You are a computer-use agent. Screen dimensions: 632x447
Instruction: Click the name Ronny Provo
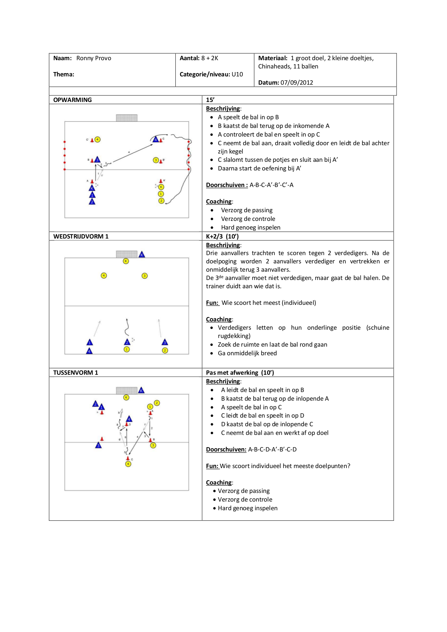tap(94, 58)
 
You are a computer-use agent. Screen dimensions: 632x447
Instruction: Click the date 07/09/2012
tap(296, 83)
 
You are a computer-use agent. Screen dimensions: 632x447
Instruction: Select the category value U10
tap(237, 74)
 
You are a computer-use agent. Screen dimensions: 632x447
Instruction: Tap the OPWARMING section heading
tap(72, 100)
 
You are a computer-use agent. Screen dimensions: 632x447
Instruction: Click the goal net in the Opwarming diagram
tap(126, 118)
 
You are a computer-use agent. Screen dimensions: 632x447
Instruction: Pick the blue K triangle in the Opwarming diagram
tap(92, 188)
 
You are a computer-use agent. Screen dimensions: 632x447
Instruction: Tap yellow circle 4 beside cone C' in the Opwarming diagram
tap(98, 139)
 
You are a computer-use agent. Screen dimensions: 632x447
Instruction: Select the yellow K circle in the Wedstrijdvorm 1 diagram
tap(126, 261)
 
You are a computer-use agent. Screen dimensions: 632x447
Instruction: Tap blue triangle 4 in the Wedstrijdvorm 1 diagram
tap(89, 351)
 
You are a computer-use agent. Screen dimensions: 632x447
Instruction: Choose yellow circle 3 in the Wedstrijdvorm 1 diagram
tap(144, 276)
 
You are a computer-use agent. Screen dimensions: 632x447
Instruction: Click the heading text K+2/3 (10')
tap(222, 236)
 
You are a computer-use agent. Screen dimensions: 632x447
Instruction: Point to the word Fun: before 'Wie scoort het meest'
tap(212, 303)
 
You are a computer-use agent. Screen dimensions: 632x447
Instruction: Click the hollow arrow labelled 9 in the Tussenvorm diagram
tap(121, 413)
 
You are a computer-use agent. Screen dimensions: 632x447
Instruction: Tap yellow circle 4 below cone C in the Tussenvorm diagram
tap(128, 464)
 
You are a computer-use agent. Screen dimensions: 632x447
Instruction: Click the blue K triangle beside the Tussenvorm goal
tap(141, 390)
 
